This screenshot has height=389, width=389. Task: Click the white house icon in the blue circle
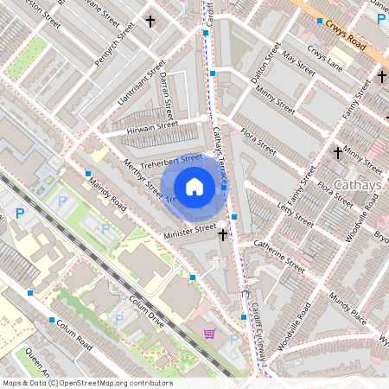194,187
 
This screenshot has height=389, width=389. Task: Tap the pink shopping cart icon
208,333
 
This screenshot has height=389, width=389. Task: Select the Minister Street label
191,229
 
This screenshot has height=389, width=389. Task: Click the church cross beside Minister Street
222,233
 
